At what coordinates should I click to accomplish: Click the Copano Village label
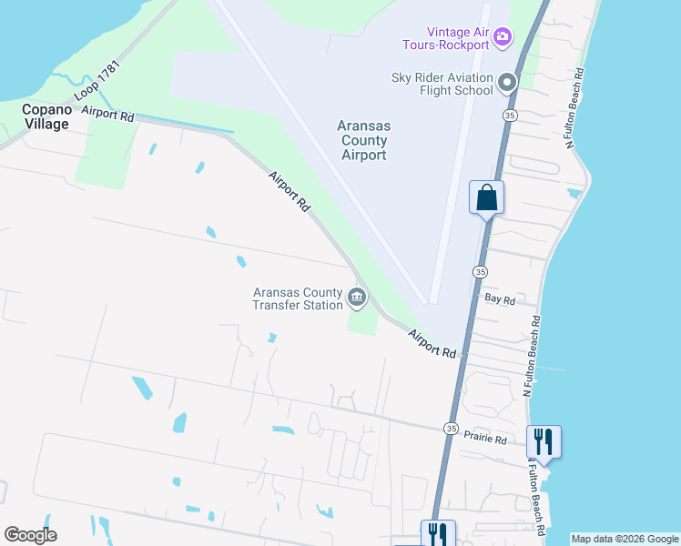pyautogui.click(x=46, y=116)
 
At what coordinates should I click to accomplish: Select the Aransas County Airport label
pyautogui.click(x=362, y=140)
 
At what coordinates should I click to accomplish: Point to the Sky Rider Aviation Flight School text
pyautogui.click(x=442, y=83)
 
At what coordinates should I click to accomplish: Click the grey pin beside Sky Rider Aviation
pyautogui.click(x=507, y=84)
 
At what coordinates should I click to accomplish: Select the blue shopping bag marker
pyautogui.click(x=487, y=197)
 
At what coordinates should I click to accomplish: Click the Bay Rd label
pyautogui.click(x=501, y=298)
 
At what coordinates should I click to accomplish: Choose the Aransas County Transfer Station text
pyautogui.click(x=298, y=298)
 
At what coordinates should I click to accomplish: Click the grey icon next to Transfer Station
pyautogui.click(x=357, y=297)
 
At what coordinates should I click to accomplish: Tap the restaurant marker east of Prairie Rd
pyautogui.click(x=544, y=442)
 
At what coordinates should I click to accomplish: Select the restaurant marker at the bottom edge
pyautogui.click(x=437, y=533)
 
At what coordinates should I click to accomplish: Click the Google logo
pyautogui.click(x=30, y=535)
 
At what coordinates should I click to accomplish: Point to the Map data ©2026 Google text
pyautogui.click(x=625, y=539)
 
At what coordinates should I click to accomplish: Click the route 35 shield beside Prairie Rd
pyautogui.click(x=452, y=428)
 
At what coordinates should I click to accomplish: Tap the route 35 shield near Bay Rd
pyautogui.click(x=479, y=272)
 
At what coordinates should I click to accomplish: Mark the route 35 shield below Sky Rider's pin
pyautogui.click(x=510, y=116)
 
